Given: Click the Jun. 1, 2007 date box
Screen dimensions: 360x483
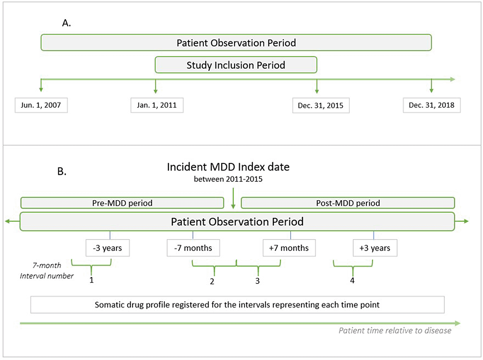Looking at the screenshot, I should [x=41, y=105].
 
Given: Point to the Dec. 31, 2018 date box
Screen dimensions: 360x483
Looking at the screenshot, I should [x=432, y=105].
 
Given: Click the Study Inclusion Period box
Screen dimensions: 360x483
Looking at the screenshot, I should [x=236, y=65].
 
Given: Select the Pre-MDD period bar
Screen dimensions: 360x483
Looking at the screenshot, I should [x=122, y=202].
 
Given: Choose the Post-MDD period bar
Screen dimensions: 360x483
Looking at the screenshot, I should [x=348, y=202].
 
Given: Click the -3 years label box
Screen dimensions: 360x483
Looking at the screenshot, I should [x=107, y=248].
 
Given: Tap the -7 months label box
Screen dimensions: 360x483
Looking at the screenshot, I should [x=193, y=248].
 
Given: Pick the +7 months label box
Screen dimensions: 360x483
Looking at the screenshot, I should [x=288, y=248].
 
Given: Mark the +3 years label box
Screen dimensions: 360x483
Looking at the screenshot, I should [x=374, y=248].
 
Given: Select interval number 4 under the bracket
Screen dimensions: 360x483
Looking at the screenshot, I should [x=352, y=280].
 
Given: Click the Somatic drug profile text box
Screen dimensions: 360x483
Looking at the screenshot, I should [x=237, y=304].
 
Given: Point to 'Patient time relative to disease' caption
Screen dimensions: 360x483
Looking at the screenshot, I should [x=395, y=331].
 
